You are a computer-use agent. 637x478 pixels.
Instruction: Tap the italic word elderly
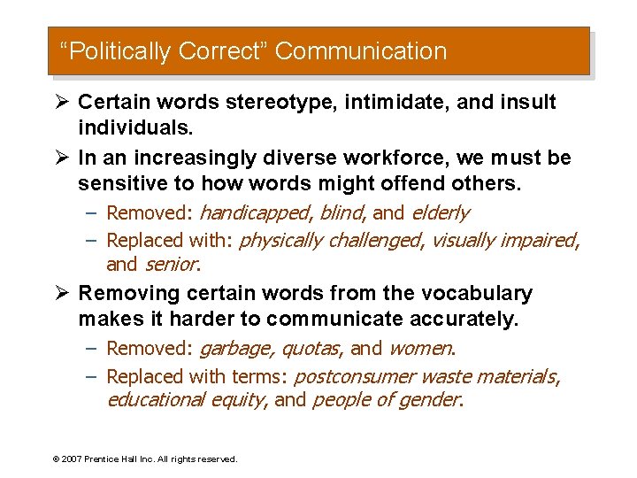(439, 213)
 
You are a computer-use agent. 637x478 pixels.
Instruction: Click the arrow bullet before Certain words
(63, 102)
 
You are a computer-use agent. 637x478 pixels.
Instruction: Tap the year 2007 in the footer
(71, 459)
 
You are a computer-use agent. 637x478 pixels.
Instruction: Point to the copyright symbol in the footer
(56, 459)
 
